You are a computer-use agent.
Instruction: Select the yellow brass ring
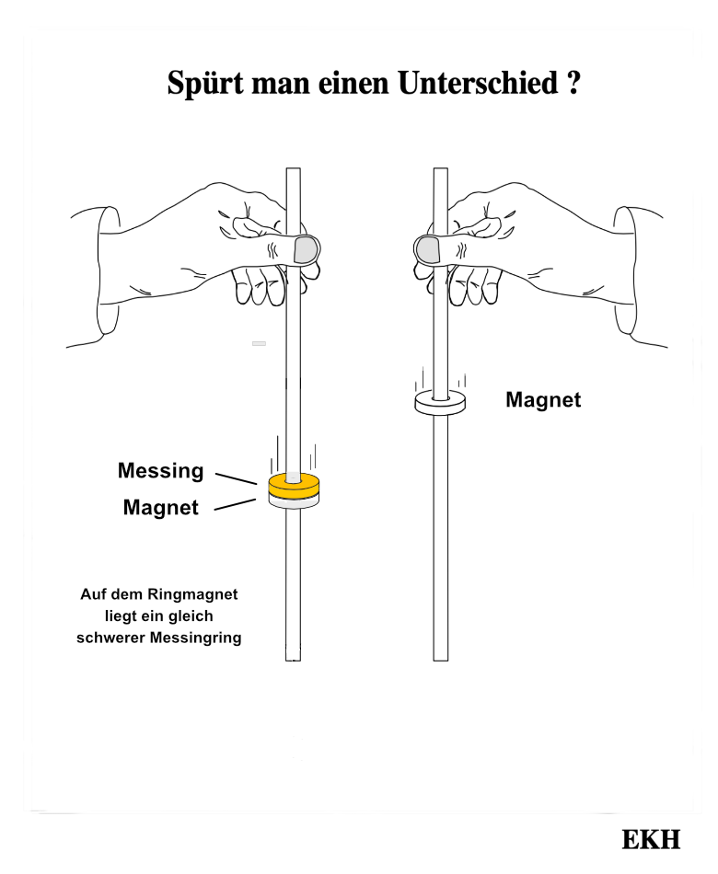click(293, 485)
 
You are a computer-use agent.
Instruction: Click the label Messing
click(160, 471)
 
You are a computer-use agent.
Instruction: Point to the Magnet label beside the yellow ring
click(160, 507)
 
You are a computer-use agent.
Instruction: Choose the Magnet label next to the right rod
click(543, 400)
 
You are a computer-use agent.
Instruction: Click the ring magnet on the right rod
click(440, 402)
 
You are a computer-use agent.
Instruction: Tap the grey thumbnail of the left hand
click(306, 248)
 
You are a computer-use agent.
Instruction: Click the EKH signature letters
click(651, 840)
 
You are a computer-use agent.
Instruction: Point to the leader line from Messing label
click(236, 478)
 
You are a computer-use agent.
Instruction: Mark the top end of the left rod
click(294, 171)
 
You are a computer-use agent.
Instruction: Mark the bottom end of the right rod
click(440, 657)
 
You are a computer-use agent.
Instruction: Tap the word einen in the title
click(349, 84)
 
